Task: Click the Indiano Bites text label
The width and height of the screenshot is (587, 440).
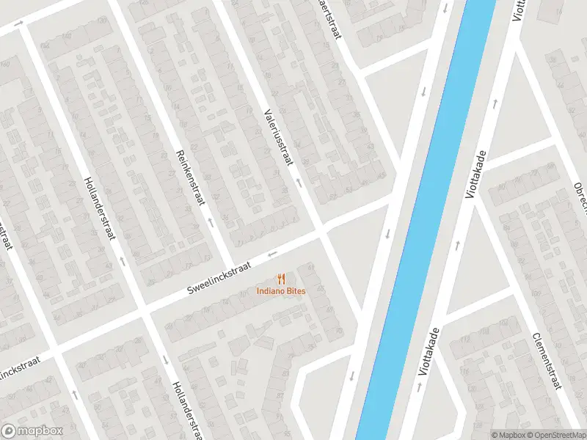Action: pos(281,291)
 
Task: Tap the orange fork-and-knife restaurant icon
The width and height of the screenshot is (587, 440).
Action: pos(281,279)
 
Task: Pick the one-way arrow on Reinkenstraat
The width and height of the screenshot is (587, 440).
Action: pos(211,220)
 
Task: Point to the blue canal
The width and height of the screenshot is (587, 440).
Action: pos(426,220)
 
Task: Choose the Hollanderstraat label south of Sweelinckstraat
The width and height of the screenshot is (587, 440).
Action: pos(186,411)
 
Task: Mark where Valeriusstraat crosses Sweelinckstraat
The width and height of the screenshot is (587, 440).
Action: pos(321,232)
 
